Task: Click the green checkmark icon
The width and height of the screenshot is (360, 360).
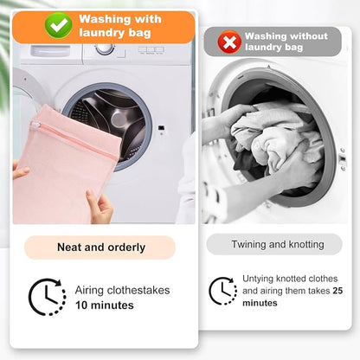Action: click(58, 26)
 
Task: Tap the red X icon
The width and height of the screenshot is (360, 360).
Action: click(229, 42)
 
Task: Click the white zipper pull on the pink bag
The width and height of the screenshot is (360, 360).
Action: click(35, 125)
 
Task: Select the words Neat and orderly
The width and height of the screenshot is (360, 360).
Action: click(101, 247)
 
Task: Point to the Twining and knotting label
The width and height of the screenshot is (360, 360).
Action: click(278, 245)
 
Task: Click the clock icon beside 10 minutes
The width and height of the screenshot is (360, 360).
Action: click(48, 297)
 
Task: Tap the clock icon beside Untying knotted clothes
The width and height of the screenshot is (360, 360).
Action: click(222, 291)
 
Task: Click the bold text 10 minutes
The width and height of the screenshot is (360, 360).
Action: click(105, 305)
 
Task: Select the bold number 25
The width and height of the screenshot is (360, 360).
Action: click(337, 291)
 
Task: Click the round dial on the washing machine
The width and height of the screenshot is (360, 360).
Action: click(105, 49)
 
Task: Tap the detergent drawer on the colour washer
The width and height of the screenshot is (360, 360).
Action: click(51, 51)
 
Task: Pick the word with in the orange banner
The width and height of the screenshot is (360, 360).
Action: click(148, 19)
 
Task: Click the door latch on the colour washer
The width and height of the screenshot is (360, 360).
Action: click(162, 128)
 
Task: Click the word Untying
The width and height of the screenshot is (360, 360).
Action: click(258, 280)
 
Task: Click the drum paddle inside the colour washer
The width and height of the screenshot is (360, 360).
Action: click(118, 119)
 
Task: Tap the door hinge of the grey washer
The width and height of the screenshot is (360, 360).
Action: click(343, 159)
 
